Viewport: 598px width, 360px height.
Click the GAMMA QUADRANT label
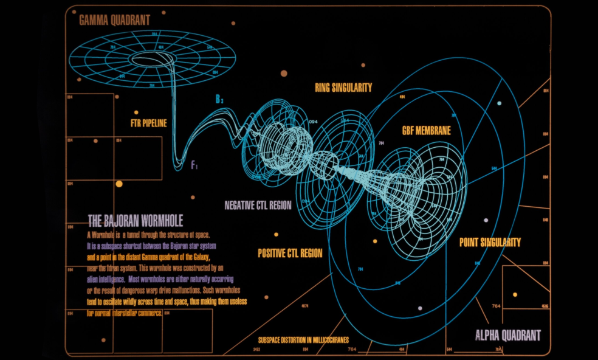pyautogui.click(x=114, y=20)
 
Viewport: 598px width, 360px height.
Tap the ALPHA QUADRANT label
pyautogui.click(x=507, y=335)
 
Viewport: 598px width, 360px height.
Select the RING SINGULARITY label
pyautogui.click(x=343, y=88)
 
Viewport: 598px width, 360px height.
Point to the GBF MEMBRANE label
pyautogui.click(x=426, y=131)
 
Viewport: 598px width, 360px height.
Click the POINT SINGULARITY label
pyautogui.click(x=490, y=242)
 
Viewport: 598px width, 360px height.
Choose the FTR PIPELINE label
pyautogui.click(x=148, y=123)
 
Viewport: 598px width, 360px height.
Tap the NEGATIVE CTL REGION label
pyautogui.click(x=258, y=206)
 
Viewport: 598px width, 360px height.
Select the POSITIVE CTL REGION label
pyautogui.click(x=290, y=253)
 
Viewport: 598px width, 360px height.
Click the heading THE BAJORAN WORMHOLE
pyautogui.click(x=136, y=221)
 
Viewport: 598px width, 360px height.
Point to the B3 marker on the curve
pyautogui.click(x=220, y=100)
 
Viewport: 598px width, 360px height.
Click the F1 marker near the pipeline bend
pyautogui.click(x=194, y=164)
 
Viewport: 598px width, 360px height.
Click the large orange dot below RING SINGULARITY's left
pyautogui.click(x=283, y=74)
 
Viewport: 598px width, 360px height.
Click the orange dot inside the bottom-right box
pyautogui.click(x=515, y=294)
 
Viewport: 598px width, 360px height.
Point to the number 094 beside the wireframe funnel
pyautogui.click(x=314, y=122)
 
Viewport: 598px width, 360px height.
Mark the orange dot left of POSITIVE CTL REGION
pyautogui.click(x=276, y=234)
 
